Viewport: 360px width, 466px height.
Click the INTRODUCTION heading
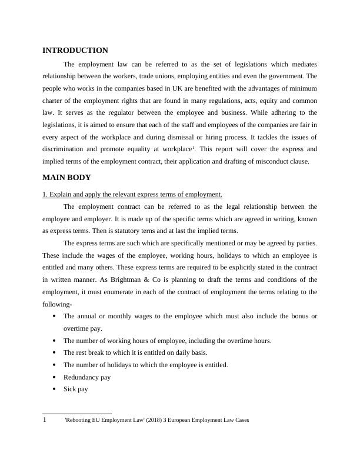75,51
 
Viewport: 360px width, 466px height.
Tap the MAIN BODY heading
66,177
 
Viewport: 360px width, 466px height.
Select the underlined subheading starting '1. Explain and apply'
132,194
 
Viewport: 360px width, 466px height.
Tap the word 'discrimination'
65,149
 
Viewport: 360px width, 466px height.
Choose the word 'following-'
57,305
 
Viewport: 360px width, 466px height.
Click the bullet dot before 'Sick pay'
55,390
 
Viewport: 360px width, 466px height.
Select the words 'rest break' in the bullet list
93,353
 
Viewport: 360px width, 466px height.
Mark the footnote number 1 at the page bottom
45,420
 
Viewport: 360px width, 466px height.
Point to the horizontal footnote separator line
77,414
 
